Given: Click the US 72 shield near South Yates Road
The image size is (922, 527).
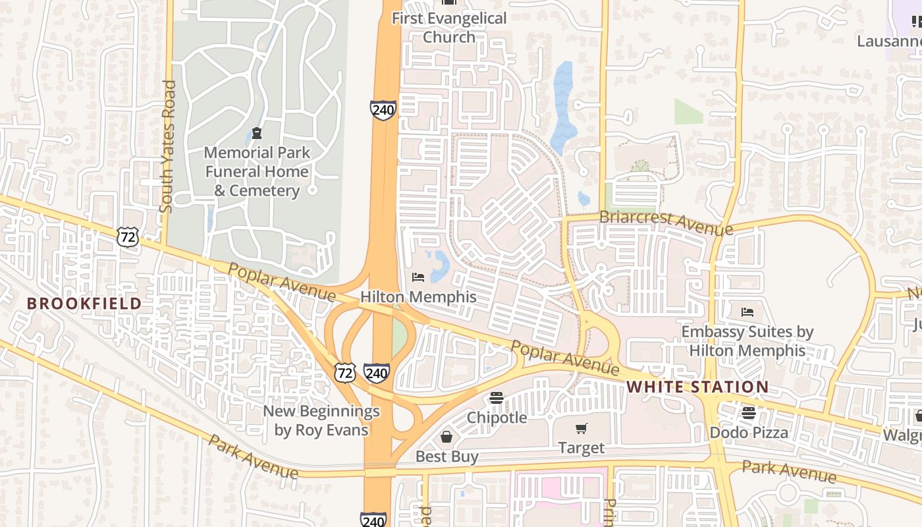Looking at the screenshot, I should [128, 237].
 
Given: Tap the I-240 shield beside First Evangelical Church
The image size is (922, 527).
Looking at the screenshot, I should [383, 109].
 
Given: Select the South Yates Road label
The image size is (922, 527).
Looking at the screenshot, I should [168, 146].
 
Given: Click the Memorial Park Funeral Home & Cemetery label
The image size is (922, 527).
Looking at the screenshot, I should [256, 171].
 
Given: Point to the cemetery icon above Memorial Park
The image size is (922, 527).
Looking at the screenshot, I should [256, 134].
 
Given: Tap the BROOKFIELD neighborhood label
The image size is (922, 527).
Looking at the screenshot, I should [84, 304].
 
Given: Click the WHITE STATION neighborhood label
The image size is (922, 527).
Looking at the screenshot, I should [697, 387].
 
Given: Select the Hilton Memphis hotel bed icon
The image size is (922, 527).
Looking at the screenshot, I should [418, 277].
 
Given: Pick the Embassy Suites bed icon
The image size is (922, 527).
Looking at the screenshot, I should [747, 312].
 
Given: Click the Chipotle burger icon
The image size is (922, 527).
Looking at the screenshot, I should [497, 398].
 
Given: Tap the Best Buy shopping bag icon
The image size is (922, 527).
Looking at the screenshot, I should [447, 437].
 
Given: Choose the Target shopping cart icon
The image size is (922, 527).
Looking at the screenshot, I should [581, 429].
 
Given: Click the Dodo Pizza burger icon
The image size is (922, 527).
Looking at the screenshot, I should [749, 413].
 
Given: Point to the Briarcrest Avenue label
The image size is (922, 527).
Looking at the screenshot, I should [665, 223].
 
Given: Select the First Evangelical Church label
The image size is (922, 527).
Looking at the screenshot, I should [449, 27].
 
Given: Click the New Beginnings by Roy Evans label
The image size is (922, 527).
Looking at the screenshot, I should [321, 421].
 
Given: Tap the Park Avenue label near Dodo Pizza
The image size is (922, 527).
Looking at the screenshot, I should [789, 471].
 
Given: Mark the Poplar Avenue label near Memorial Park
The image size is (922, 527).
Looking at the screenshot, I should [281, 282].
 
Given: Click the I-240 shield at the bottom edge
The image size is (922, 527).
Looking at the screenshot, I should [373, 520].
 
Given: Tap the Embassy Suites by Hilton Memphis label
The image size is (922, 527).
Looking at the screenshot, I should [747, 341].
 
